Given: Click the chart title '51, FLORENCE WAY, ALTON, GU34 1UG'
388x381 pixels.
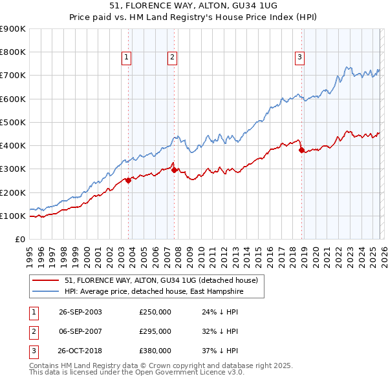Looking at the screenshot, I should (x=193, y=6).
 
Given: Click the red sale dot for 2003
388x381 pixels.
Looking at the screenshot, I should (x=129, y=181).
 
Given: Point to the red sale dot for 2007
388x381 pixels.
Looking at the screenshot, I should (x=175, y=170).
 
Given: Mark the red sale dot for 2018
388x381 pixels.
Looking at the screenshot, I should (x=301, y=150).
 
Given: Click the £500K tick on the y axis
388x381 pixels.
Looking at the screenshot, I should (x=13, y=122).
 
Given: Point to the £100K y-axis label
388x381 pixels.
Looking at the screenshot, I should (x=13, y=216).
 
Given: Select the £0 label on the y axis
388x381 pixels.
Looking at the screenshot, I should (x=19, y=239).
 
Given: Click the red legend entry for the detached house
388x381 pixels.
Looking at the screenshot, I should (x=161, y=280).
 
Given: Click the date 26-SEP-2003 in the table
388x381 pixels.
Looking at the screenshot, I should (x=80, y=312).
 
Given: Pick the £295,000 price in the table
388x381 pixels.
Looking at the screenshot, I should (x=155, y=331).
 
